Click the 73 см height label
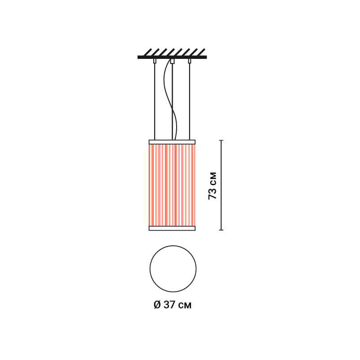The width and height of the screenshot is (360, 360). point(213,186)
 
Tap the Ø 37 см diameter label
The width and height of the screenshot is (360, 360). point(173,305)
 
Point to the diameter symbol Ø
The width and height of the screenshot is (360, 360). point(157,305)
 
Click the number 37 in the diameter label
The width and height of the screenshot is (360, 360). point(170,305)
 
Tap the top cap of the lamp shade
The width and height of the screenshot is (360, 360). point(172,142)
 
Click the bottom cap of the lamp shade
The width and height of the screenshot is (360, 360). point(172,228)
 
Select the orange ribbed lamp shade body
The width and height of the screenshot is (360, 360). point(172,185)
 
